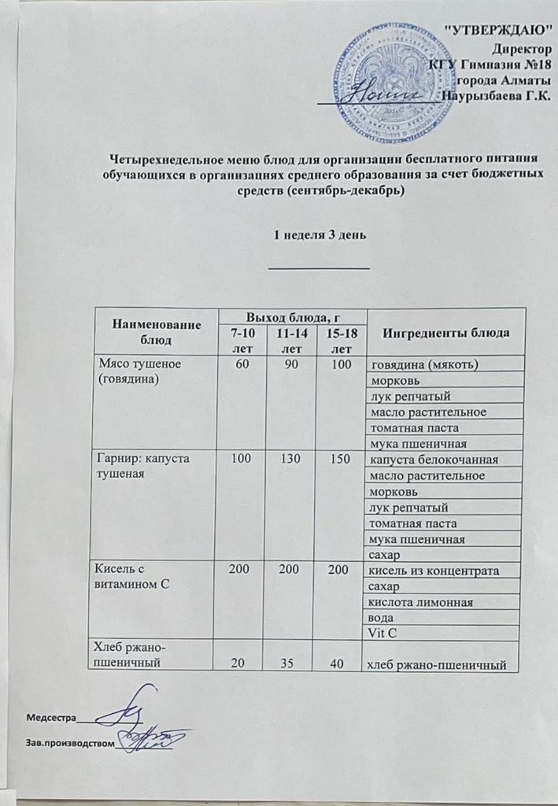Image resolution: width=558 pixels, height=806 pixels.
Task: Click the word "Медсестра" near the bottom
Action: click(x=51, y=718)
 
